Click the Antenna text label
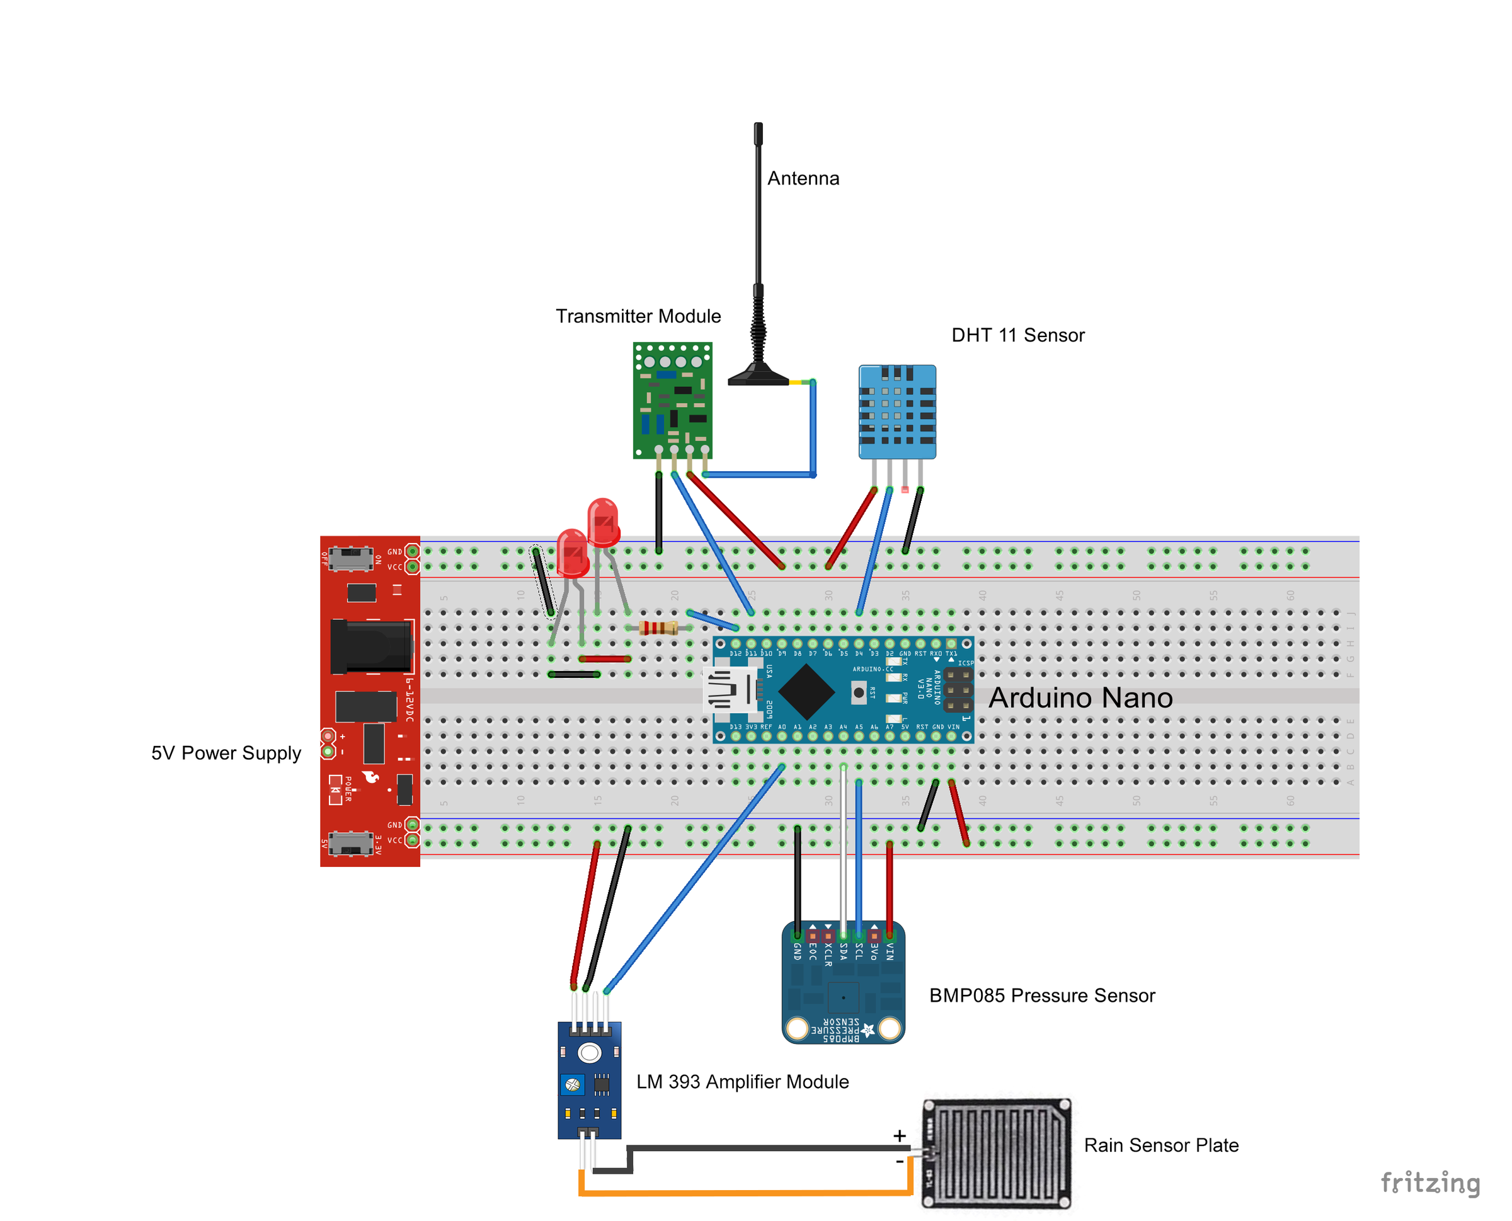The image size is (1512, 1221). coord(803,179)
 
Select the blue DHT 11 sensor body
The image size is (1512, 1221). coord(896,412)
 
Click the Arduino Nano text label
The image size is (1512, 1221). coord(1080,697)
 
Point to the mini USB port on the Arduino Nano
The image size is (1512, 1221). coord(730,690)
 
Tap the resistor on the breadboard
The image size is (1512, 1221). coord(658,628)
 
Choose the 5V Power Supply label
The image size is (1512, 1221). coord(226,754)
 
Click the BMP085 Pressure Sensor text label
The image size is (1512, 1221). coord(1041,995)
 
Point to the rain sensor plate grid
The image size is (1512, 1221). coord(997,1154)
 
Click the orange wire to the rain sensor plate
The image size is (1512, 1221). coord(745,1193)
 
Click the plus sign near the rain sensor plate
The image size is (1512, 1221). coord(900,1135)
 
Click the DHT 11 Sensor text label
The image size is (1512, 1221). coord(1017,336)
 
